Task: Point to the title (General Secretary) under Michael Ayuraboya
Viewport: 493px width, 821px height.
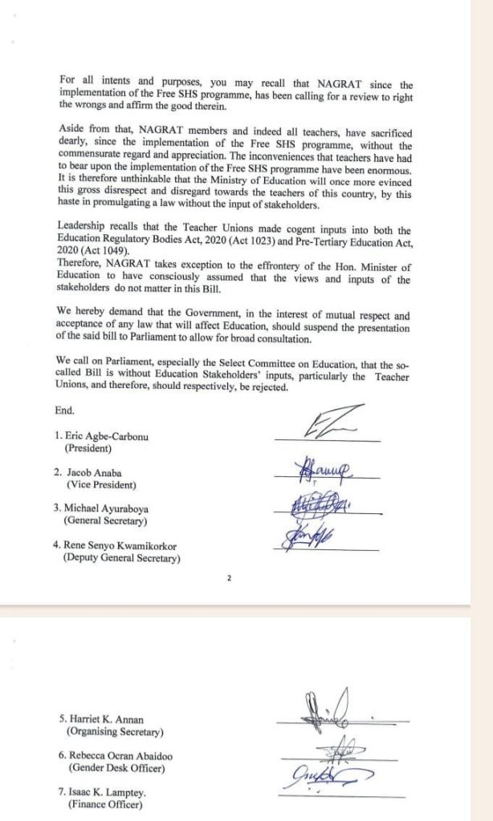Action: pyautogui.click(x=106, y=521)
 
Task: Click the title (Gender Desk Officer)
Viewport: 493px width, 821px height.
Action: pyautogui.click(x=112, y=769)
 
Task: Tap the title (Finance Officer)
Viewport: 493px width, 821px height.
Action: pyautogui.click(x=105, y=805)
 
